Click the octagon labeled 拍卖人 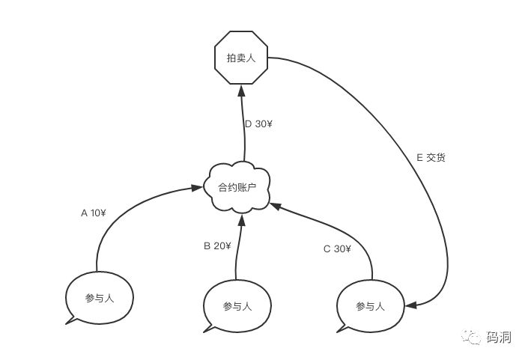(x=241, y=57)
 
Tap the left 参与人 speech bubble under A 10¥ (x=100, y=297)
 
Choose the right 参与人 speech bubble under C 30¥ (x=370, y=305)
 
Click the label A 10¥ (x=94, y=213)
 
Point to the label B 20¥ (x=217, y=245)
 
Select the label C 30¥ (x=336, y=248)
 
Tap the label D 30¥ (x=258, y=123)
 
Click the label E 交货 (x=431, y=158)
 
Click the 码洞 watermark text (x=498, y=338)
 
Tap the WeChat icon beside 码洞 (x=473, y=338)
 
